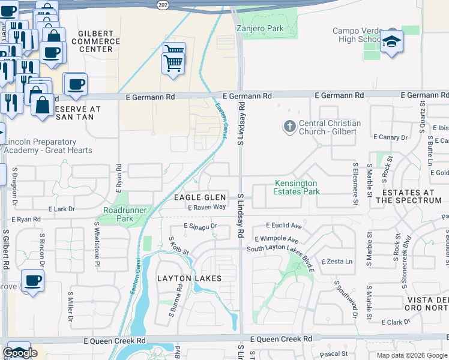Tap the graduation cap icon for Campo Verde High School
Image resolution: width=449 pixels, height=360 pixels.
point(391,41)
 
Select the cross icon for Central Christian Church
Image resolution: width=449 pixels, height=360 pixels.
point(289,127)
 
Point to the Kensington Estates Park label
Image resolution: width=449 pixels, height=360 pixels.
point(297,187)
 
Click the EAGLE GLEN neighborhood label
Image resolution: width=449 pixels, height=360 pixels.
point(200,197)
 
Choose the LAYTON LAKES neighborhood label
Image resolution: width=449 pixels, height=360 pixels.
point(189,278)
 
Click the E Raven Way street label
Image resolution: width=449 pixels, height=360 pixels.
point(206,207)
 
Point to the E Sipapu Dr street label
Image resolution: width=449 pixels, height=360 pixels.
point(200,226)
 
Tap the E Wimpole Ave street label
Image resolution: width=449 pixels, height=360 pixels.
point(276,239)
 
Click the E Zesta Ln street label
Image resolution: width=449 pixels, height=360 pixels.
point(337,262)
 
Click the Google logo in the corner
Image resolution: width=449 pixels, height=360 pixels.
point(20,353)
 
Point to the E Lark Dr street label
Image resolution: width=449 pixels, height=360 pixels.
point(61,209)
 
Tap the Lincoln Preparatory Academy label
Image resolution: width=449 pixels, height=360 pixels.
point(48,146)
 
